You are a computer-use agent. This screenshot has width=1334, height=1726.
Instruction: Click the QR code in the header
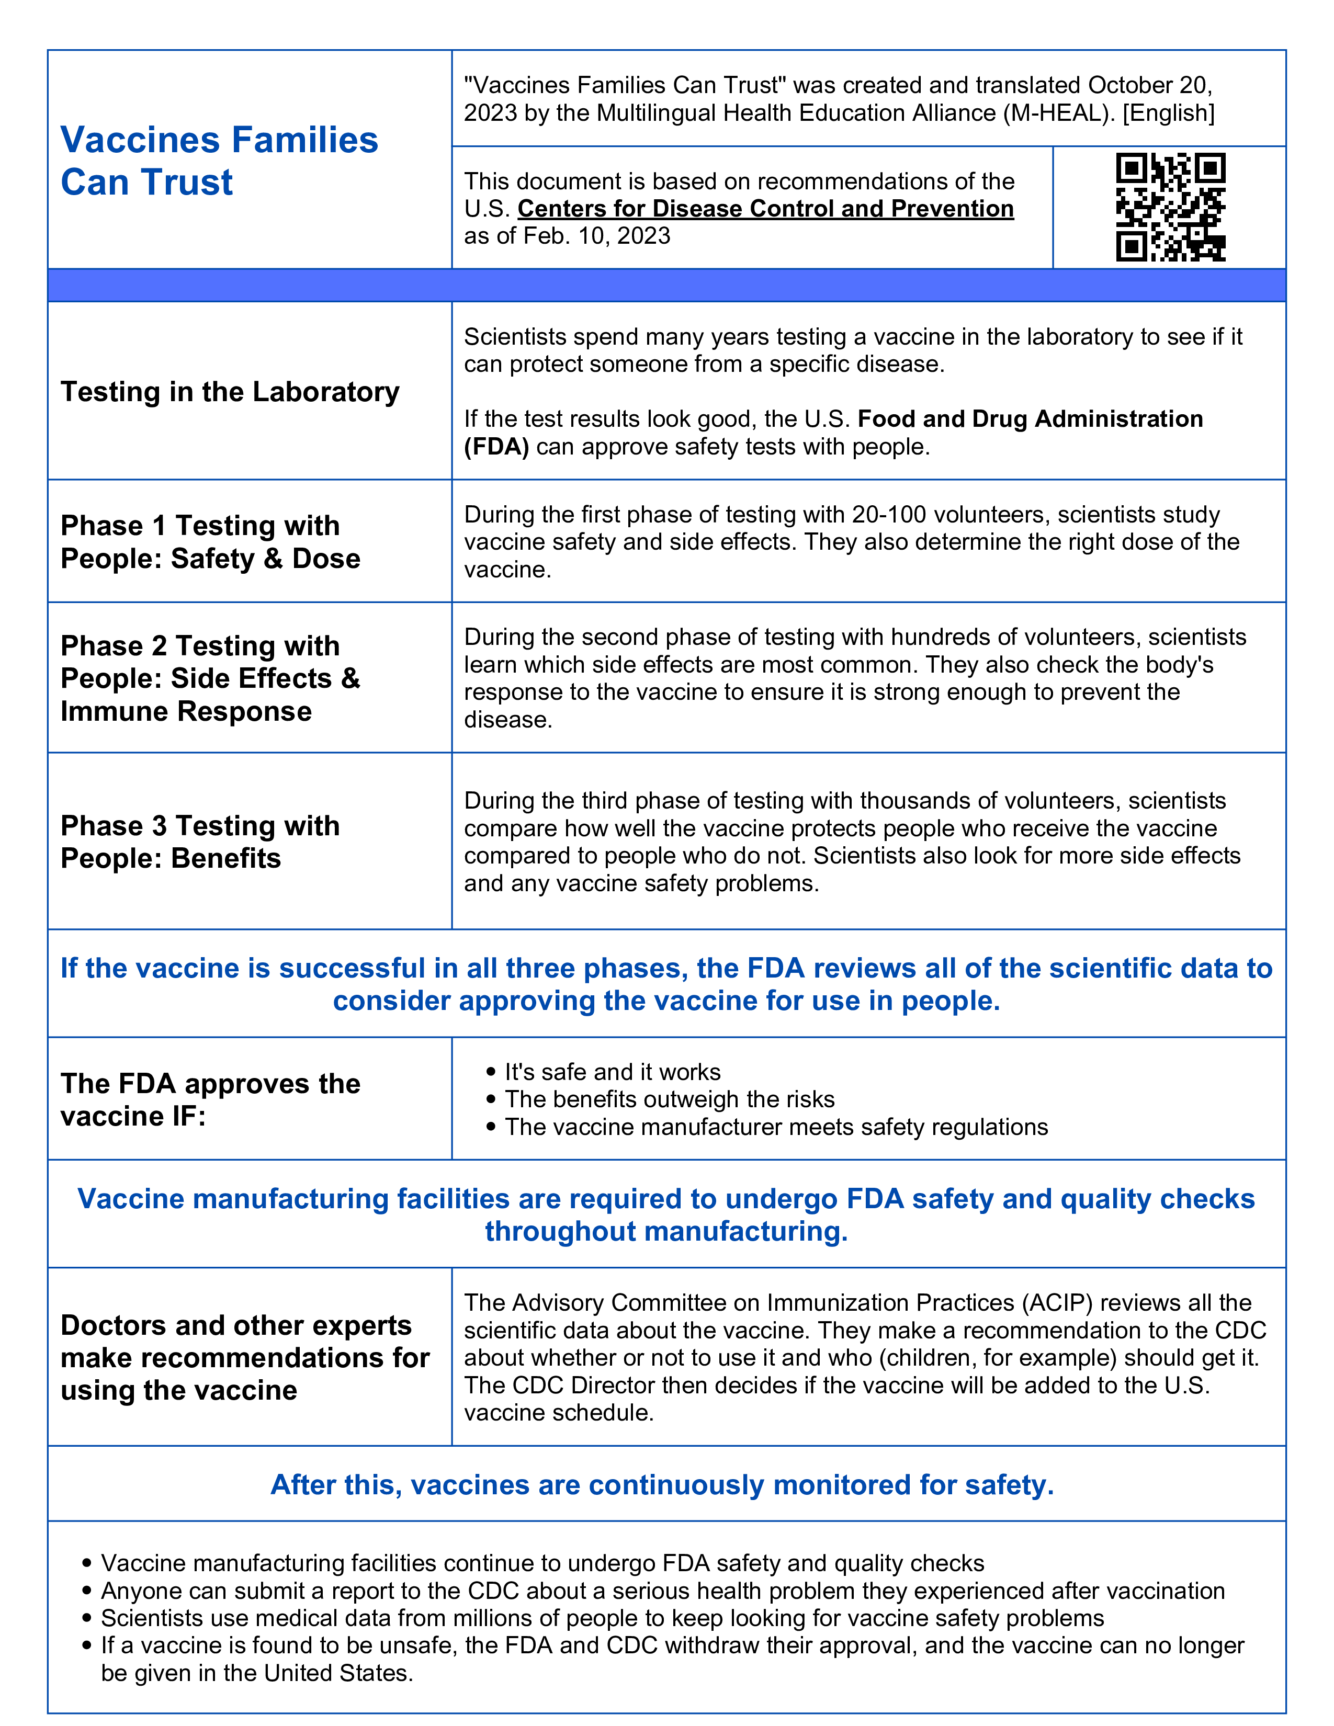click(x=1170, y=207)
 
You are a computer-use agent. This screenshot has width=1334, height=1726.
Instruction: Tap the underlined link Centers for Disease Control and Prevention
click(x=765, y=209)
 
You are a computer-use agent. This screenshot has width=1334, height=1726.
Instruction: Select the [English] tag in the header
click(x=1168, y=113)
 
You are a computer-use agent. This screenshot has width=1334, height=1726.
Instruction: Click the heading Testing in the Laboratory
click(x=230, y=392)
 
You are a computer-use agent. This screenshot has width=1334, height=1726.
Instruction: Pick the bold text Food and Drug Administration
click(x=1030, y=419)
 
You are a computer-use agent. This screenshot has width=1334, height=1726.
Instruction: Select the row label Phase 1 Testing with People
click(x=210, y=542)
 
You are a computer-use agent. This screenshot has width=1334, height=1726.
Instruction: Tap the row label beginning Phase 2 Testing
click(x=210, y=678)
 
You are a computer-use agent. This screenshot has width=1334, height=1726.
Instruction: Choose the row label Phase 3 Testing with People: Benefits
click(x=200, y=842)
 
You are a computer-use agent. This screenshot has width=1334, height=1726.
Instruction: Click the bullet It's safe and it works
click(x=613, y=1072)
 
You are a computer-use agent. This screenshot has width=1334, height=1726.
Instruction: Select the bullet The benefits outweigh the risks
click(x=670, y=1099)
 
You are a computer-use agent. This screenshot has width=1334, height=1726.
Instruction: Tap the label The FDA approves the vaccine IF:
click(x=210, y=1099)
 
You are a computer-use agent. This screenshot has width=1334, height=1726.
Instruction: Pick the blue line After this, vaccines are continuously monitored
click(x=662, y=1485)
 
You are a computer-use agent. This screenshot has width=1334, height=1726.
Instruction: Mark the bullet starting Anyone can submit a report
click(x=662, y=1591)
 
